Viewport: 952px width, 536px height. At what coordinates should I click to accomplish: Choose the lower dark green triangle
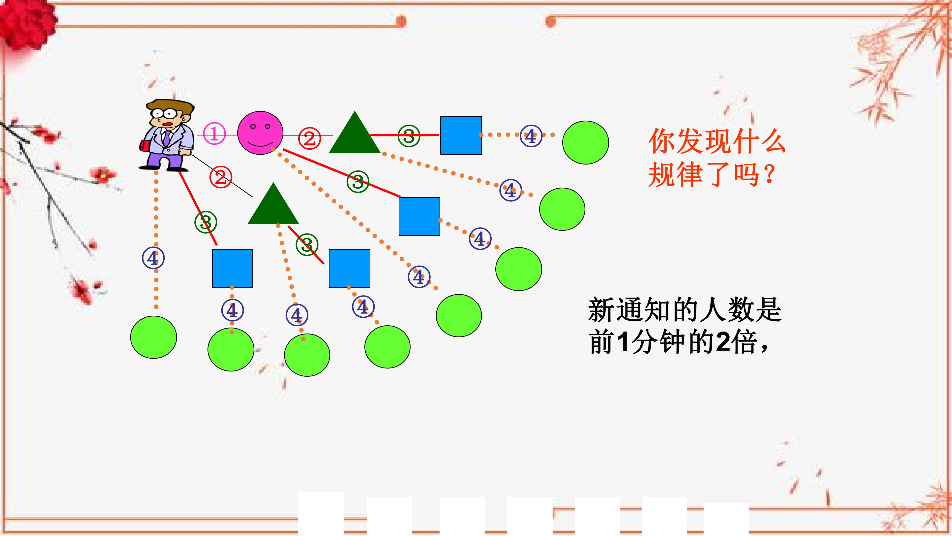click(x=273, y=203)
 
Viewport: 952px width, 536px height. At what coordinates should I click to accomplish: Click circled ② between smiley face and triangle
click(x=309, y=138)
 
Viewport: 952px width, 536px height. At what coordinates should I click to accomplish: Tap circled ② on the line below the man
click(x=221, y=178)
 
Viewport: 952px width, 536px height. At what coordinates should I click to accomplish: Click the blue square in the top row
click(x=461, y=135)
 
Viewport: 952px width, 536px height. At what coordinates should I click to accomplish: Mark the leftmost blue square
click(x=232, y=268)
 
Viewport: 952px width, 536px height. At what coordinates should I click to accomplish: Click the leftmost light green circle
click(x=153, y=337)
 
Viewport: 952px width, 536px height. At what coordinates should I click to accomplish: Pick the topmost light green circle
click(x=585, y=142)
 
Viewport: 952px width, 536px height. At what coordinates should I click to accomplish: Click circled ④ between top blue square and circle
click(x=531, y=136)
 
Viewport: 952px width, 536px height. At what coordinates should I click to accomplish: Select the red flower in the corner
click(x=26, y=22)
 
